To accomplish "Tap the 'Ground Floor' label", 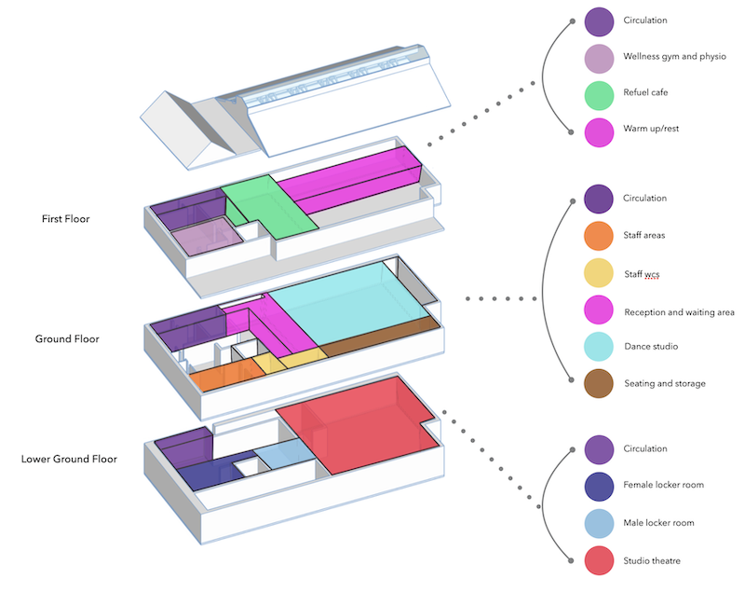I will [67, 339].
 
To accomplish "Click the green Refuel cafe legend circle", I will [599, 93].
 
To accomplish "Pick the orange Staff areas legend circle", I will [598, 235].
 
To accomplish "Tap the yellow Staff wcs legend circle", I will [598, 272].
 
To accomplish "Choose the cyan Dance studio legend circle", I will [598, 347].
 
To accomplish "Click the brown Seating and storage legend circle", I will [598, 383].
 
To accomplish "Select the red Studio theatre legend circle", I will [599, 560].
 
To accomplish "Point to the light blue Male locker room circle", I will [599, 523].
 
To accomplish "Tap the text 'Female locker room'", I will [663, 486].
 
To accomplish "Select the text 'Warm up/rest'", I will [651, 129].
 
